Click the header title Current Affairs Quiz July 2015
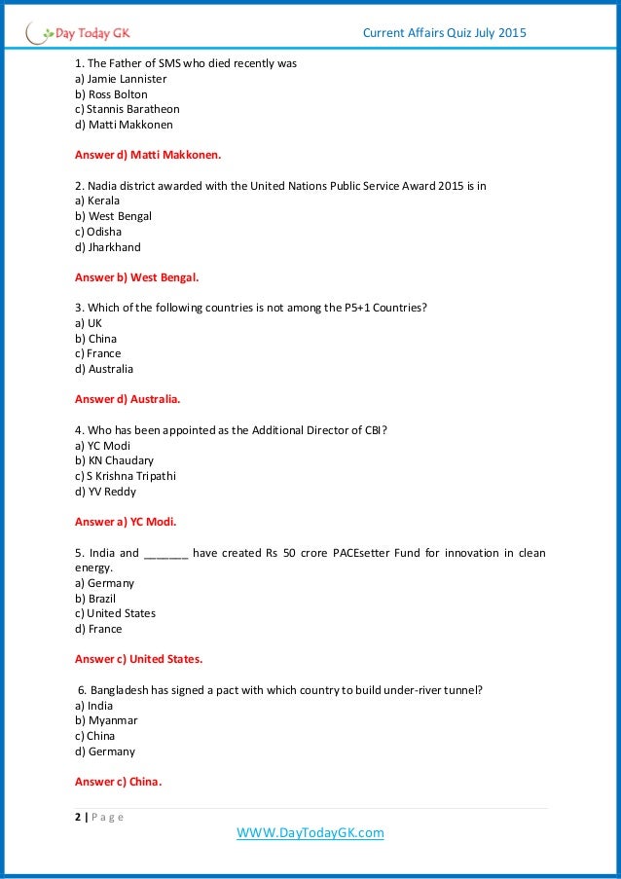click(444, 34)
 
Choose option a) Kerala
click(97, 201)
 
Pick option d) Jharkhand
click(107, 247)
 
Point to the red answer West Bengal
click(136, 277)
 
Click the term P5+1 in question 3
click(352, 308)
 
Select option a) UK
click(89, 323)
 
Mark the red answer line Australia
click(128, 399)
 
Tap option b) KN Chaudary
click(114, 460)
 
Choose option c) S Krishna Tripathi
click(126, 476)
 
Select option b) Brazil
click(95, 599)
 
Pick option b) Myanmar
click(106, 720)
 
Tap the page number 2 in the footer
click(78, 817)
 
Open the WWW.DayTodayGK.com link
click(310, 833)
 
